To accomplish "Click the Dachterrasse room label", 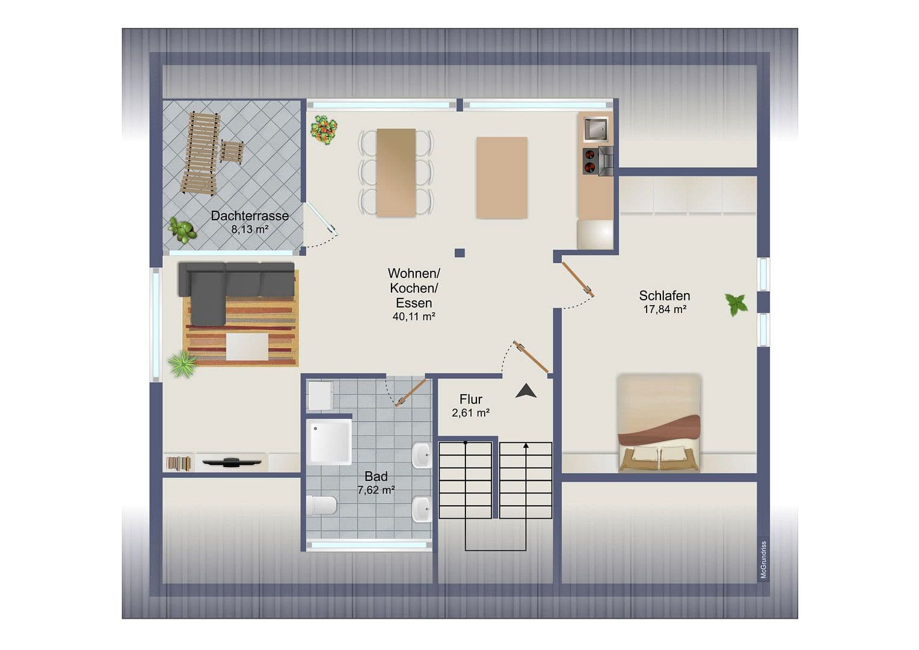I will (250, 215).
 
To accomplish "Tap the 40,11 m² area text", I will (414, 317).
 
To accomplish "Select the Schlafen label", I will (664, 296).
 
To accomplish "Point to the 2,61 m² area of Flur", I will (470, 413).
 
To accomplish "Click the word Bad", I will (376, 477).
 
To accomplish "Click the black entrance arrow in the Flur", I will (526, 391).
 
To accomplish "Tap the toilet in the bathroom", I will (321, 505).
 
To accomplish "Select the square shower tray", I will (329, 442).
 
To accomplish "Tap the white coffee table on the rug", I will (247, 347).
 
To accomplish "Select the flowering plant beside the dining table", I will (324, 129).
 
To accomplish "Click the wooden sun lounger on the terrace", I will (200, 153).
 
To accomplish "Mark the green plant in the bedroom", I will (736, 304).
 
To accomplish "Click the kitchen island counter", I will (502, 178).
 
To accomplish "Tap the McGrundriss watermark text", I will (763, 560).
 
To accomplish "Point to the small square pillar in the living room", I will (459, 253).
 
